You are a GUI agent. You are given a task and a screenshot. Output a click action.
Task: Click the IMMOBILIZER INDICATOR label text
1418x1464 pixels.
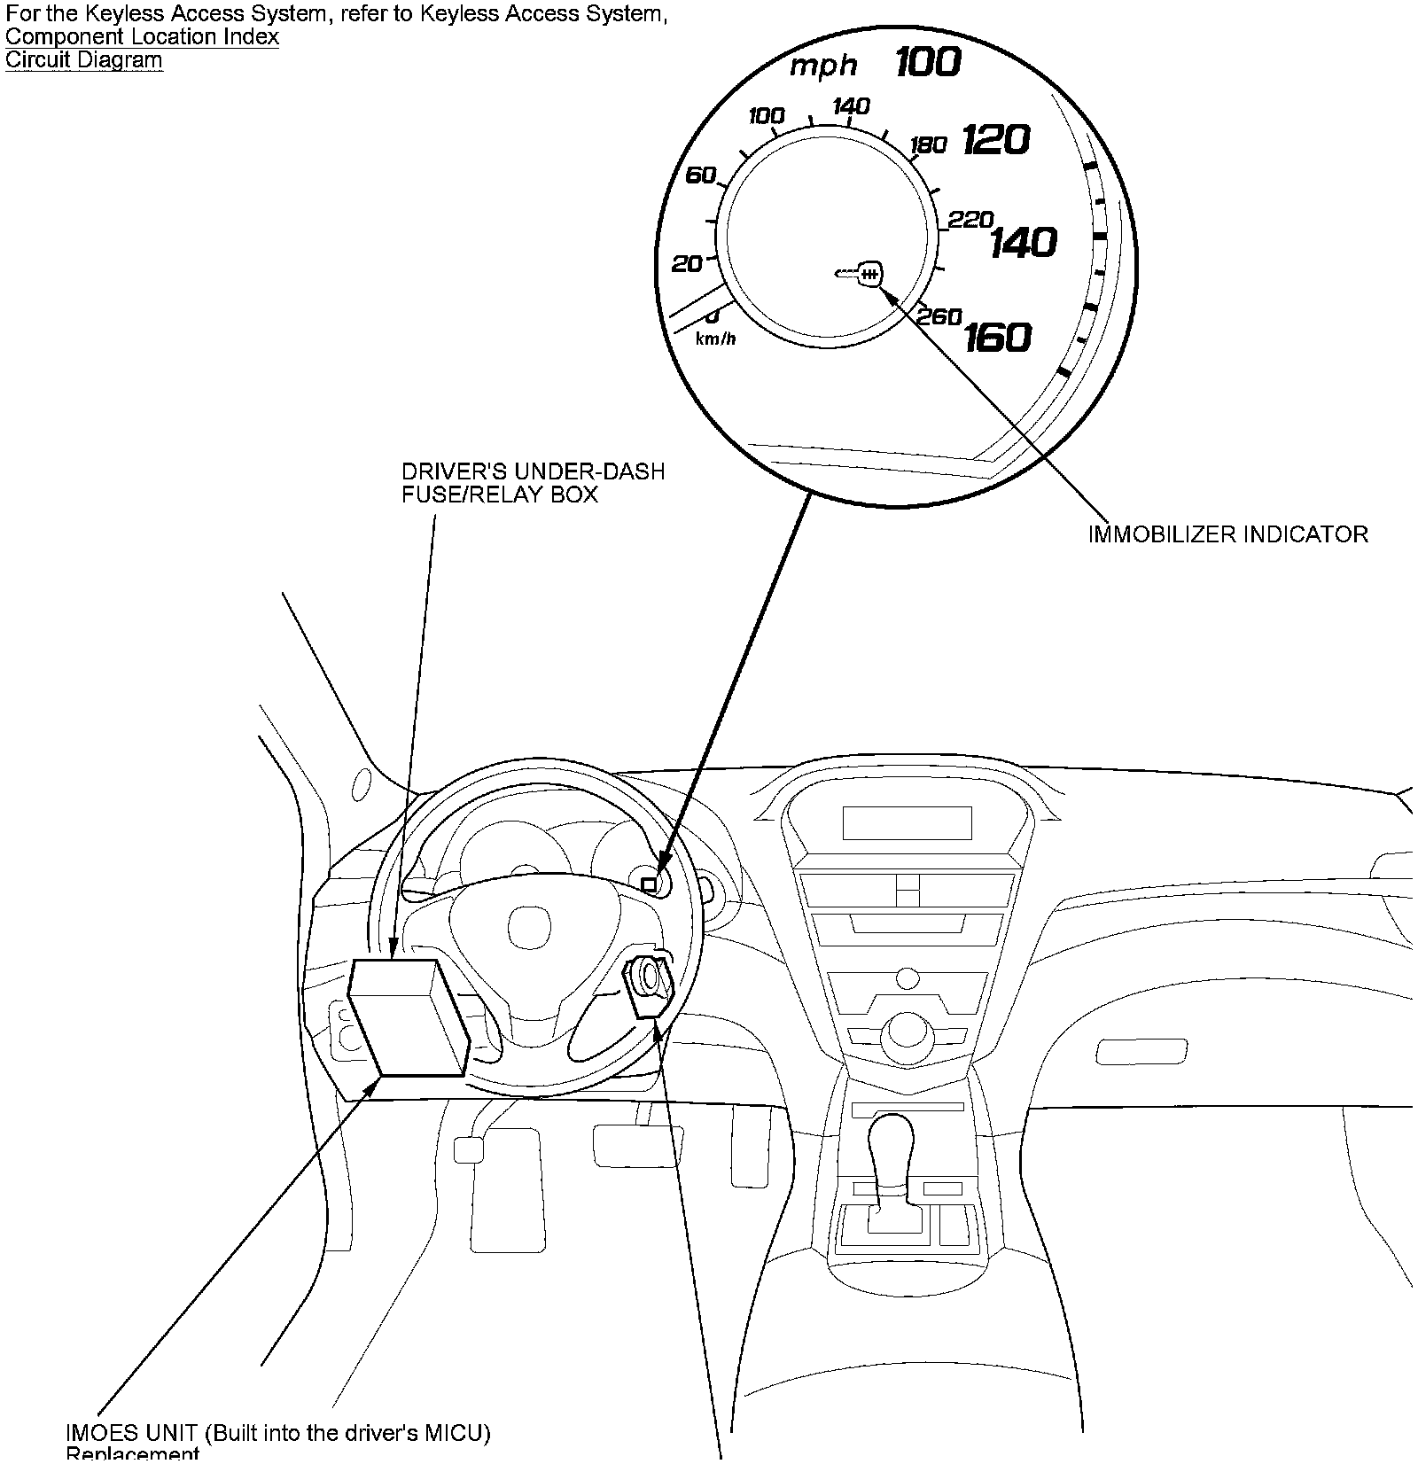1227,534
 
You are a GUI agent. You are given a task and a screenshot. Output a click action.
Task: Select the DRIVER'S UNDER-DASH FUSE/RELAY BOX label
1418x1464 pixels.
533,483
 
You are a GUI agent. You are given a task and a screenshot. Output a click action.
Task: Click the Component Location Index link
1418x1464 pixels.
142,37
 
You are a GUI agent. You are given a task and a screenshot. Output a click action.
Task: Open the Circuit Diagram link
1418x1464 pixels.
84,60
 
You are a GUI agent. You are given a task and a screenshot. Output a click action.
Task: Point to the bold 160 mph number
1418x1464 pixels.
998,337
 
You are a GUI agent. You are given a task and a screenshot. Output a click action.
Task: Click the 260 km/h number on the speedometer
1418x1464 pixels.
939,316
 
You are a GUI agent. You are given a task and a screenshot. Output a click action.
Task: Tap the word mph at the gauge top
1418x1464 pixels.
823,66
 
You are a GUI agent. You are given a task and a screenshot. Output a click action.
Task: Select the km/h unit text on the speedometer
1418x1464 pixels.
715,339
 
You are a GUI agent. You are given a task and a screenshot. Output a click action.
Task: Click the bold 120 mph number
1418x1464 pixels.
996,140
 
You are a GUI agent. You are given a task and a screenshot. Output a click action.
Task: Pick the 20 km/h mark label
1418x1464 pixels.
687,263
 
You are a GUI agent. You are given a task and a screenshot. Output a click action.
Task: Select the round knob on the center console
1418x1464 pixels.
906,1032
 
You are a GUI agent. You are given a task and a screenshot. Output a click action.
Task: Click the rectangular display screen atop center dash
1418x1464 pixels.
907,823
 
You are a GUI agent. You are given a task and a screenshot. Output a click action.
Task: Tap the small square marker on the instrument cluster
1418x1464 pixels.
649,884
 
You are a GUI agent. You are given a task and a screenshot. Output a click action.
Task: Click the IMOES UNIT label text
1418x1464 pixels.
277,1433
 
